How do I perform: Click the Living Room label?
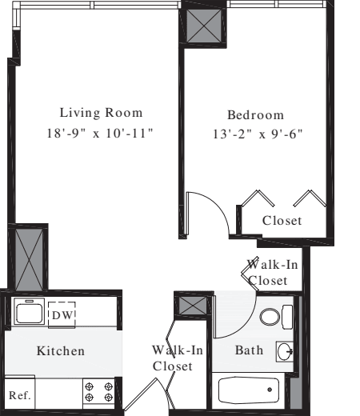click(x=101, y=113)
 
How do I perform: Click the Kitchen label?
click(x=60, y=351)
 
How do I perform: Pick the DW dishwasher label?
click(x=62, y=315)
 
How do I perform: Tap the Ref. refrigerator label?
click(x=18, y=395)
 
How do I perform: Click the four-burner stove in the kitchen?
click(x=98, y=392)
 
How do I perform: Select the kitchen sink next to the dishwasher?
click(x=30, y=312)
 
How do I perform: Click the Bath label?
click(x=249, y=350)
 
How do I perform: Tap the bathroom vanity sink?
click(x=285, y=350)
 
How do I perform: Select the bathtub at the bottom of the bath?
click(x=250, y=390)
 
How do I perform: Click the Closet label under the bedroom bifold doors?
click(x=282, y=221)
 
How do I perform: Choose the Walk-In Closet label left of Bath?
click(x=173, y=358)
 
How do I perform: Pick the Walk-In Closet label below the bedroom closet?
click(x=267, y=272)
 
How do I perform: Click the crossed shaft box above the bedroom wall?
click(x=202, y=24)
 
